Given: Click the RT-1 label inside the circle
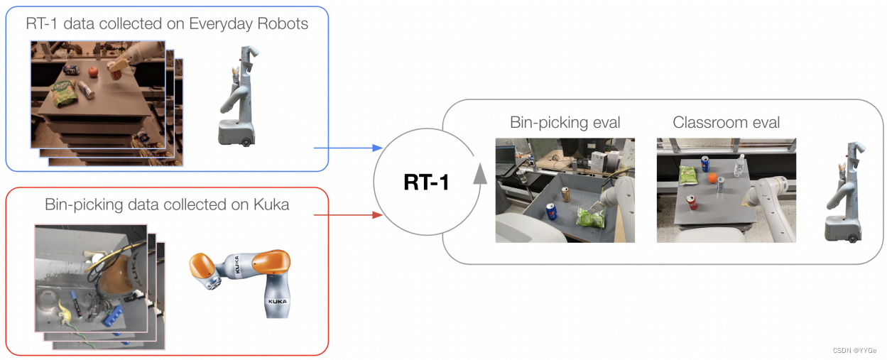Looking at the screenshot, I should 426,183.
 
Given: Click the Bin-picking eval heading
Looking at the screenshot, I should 565,122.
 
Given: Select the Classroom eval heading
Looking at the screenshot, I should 726,122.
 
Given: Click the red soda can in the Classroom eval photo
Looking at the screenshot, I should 692,203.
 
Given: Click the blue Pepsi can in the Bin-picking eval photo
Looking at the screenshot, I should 550,212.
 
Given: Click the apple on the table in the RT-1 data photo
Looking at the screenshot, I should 92,71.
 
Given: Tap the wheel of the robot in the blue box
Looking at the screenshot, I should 246,141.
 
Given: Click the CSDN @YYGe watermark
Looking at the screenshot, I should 855,351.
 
